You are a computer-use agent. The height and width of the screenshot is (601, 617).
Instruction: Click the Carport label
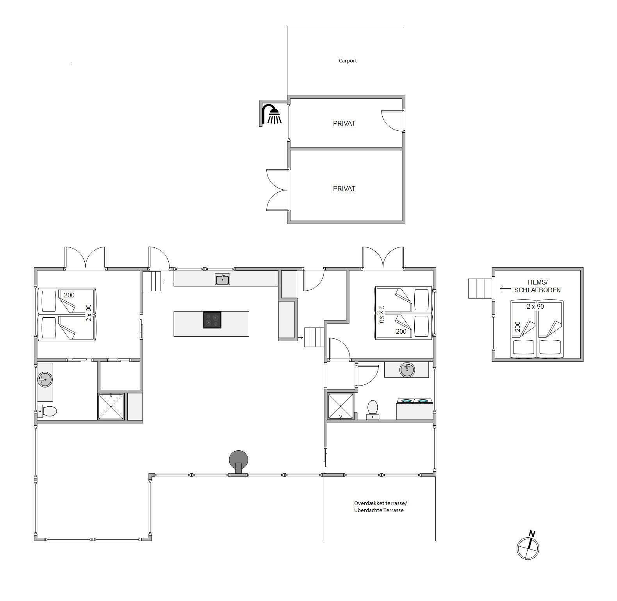pyautogui.click(x=348, y=60)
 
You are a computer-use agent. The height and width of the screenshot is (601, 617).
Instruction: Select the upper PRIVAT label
pyautogui.click(x=344, y=123)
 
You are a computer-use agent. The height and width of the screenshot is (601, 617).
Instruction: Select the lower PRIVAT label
pyautogui.click(x=344, y=188)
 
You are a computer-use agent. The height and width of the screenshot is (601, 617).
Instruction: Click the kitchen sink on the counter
pyautogui.click(x=222, y=279)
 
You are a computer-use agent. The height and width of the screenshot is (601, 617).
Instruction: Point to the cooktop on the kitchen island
pyautogui.click(x=212, y=320)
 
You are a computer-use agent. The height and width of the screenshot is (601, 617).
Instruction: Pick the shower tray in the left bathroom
pyautogui.click(x=111, y=407)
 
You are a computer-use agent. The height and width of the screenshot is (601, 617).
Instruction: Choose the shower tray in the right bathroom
pyautogui.click(x=341, y=406)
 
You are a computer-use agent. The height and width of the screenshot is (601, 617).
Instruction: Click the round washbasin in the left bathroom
pyautogui.click(x=45, y=379)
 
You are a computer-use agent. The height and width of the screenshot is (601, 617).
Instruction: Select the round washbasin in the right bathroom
pyautogui.click(x=407, y=370)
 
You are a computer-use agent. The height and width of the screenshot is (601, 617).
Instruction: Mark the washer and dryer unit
pyautogui.click(x=414, y=409)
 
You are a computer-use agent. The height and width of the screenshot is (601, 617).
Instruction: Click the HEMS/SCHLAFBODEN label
pyautogui.click(x=538, y=286)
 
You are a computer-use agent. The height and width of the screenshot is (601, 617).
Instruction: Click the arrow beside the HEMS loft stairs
pyautogui.click(x=505, y=289)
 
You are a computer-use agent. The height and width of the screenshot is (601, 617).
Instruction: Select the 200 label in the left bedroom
pyautogui.click(x=69, y=295)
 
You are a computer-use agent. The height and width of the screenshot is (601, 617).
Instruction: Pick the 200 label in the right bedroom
pyautogui.click(x=401, y=331)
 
